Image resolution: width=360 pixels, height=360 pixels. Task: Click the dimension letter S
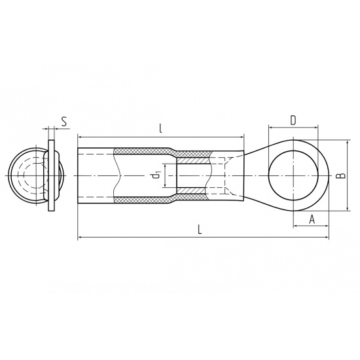point(64,122)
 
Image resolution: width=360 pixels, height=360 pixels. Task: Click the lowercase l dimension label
point(161,129)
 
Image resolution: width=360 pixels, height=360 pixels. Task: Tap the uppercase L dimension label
point(200,229)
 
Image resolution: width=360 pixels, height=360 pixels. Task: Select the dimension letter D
point(293,120)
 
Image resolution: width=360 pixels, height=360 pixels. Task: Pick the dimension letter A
point(312,219)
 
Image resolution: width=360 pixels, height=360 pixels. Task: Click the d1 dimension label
point(156,175)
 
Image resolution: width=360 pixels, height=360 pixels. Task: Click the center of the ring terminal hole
point(293,175)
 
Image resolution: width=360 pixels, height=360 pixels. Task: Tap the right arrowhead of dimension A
point(327,226)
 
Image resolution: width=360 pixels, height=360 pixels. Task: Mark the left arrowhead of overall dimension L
point(80,237)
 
